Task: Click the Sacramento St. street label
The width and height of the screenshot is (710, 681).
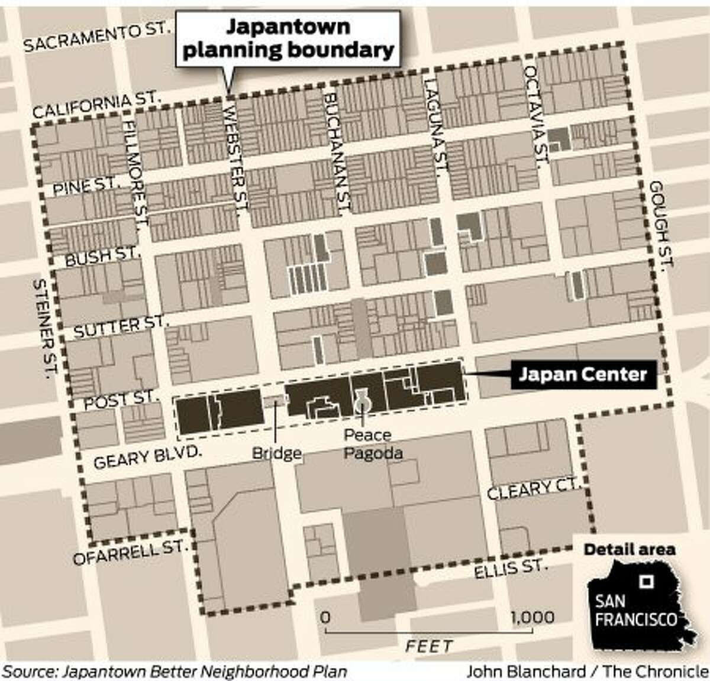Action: [x=98, y=40]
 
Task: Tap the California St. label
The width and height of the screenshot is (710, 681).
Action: [x=98, y=105]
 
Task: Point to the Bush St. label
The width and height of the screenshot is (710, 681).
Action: [x=102, y=258]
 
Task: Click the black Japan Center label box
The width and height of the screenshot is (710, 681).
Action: [x=582, y=375]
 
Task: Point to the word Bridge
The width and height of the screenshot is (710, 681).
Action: [x=277, y=454]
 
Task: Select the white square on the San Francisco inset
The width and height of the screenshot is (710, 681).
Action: [x=649, y=581]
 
